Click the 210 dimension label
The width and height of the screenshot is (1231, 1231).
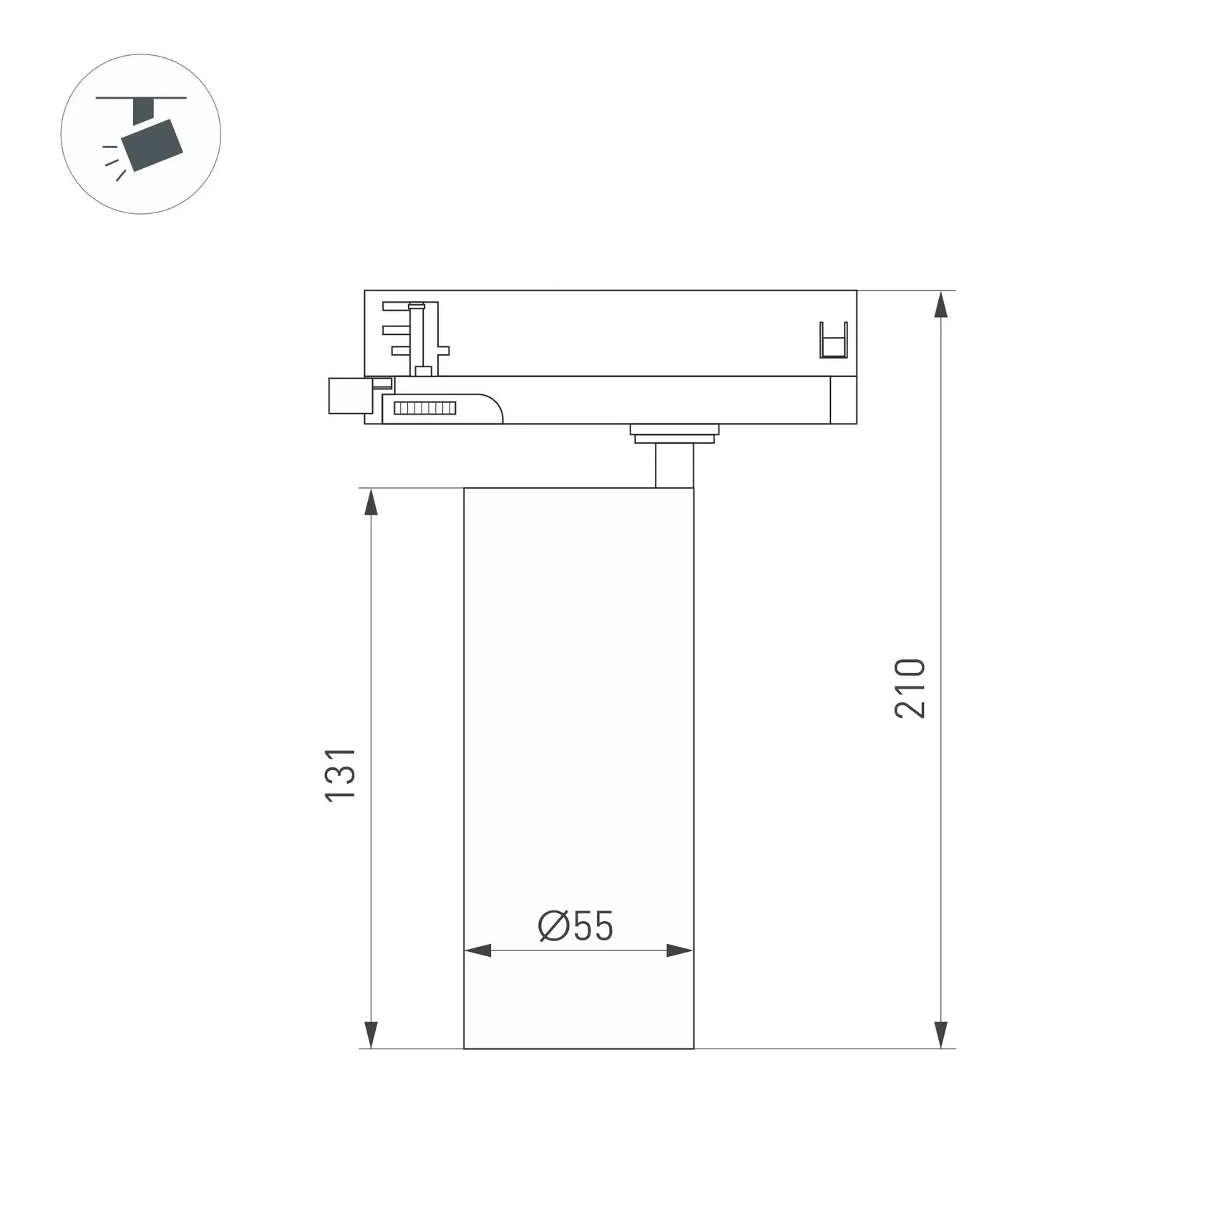(x=910, y=688)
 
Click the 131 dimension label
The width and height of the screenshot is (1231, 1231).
(x=340, y=774)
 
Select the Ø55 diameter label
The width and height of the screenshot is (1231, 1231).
(x=576, y=926)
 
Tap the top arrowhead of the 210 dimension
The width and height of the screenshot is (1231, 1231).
(x=941, y=304)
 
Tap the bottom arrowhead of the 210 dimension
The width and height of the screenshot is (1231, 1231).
(x=941, y=1035)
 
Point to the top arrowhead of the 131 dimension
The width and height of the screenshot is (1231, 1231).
(x=371, y=502)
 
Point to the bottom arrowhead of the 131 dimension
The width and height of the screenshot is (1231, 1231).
(x=371, y=1035)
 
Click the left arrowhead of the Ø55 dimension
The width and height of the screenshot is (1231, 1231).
(x=478, y=950)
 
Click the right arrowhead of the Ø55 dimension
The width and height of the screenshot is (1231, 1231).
(x=679, y=950)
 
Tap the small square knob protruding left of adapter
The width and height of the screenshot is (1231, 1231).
(x=347, y=395)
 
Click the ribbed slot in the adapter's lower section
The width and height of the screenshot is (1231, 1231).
(x=424, y=408)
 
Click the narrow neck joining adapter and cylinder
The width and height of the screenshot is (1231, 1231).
(x=674, y=466)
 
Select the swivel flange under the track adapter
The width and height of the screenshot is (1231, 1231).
(x=674, y=433)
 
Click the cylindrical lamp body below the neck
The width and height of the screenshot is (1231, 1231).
(x=578, y=716)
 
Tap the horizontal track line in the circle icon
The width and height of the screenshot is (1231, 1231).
(x=141, y=97)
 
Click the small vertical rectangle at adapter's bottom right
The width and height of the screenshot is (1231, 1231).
(x=843, y=400)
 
